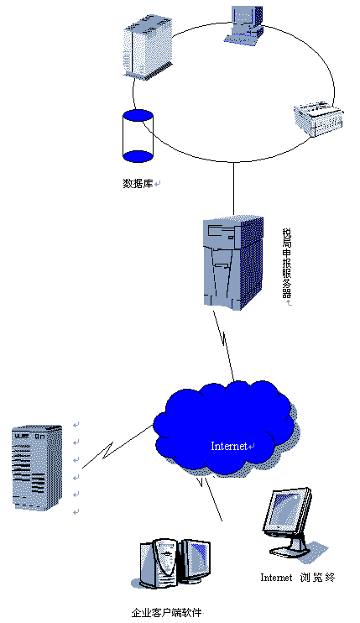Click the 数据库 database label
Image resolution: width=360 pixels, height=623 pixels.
(x=138, y=184)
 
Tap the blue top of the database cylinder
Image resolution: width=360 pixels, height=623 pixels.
(x=138, y=116)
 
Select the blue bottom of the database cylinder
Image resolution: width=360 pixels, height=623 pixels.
(x=138, y=156)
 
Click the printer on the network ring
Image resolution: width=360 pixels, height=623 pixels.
(x=318, y=118)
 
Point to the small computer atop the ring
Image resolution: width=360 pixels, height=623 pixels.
(x=243, y=24)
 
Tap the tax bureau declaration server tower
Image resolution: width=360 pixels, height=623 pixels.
(x=233, y=263)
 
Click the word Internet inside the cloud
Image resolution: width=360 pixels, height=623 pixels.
(x=229, y=446)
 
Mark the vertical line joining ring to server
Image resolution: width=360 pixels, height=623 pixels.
(x=233, y=189)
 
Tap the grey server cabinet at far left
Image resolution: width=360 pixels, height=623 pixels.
(x=37, y=468)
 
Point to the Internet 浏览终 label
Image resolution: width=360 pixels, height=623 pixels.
(x=298, y=578)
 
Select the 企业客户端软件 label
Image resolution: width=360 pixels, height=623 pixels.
(x=167, y=612)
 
